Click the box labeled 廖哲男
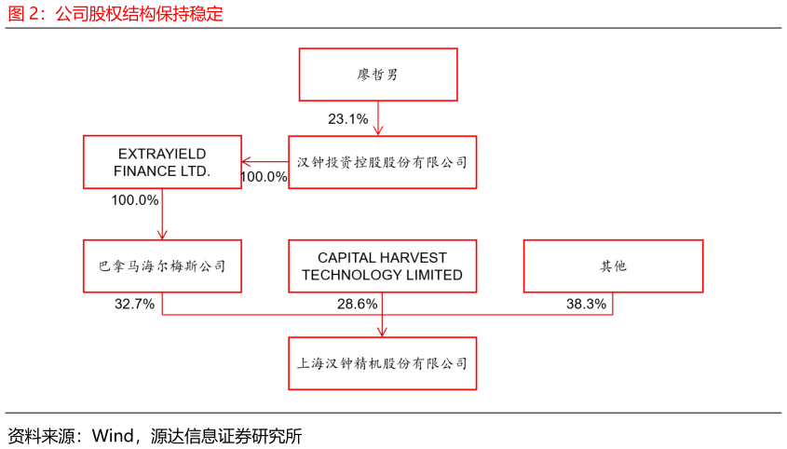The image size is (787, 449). coord(378,75)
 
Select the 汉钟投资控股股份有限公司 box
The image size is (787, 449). coord(382,162)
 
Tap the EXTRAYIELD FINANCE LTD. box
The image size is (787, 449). coord(162,162)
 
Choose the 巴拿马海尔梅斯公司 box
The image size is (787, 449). coord(162,265)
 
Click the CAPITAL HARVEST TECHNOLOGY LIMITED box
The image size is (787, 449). coord(382,265)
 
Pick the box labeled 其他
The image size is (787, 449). coord(613,265)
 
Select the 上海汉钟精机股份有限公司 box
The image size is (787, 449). coord(382,363)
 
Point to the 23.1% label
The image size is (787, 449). coord(347,119)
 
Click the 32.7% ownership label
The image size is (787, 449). coord(134,304)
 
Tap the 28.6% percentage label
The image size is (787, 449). coord(357,304)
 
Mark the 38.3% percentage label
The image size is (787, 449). coord(586,304)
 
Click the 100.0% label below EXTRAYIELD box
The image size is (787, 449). coord(134,200)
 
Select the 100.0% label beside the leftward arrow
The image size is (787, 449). coord(264,177)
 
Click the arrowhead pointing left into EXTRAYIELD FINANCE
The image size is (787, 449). coord(246,162)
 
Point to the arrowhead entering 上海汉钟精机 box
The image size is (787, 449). coord(382,333)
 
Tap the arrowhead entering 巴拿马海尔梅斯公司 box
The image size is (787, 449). coord(162,235)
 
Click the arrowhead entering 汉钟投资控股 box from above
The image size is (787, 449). coord(378,131)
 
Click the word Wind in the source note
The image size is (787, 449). coord(113,435)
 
